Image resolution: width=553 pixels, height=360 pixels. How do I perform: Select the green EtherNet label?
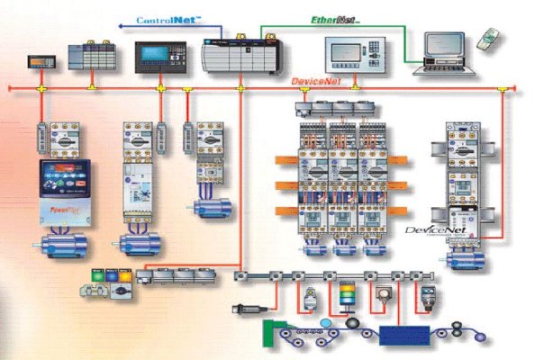(x=335, y=19)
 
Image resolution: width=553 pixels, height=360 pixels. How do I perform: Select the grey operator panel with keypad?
(x=350, y=53)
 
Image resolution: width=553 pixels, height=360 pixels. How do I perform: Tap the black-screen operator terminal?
(x=160, y=56)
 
